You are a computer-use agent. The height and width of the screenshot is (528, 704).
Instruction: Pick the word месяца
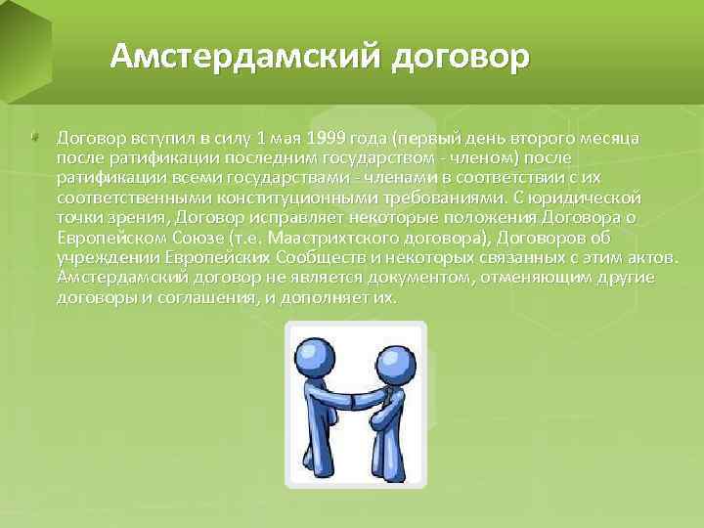point(611,138)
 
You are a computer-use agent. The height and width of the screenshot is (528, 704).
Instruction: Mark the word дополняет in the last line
point(316,298)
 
